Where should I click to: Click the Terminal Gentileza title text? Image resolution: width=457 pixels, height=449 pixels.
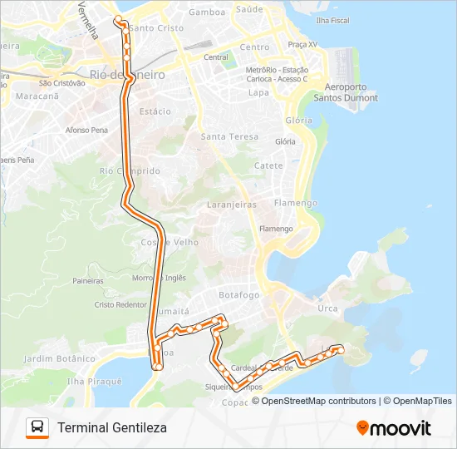pos(112,427)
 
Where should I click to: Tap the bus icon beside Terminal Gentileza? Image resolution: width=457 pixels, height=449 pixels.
pos(37,427)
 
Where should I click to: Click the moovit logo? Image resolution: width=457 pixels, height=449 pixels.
pos(394,428)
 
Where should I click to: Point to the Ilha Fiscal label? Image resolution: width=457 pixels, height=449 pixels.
pos(332,19)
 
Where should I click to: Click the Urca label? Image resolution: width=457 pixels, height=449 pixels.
pos(327,308)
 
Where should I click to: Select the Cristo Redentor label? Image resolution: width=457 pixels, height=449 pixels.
pos(120,305)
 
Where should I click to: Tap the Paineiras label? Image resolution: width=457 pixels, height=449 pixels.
pos(87,281)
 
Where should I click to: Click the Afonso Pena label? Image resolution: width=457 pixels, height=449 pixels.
pos(86,131)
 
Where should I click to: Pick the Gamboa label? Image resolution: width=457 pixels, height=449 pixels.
pos(207,12)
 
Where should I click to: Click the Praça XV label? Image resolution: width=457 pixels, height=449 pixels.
pos(302,43)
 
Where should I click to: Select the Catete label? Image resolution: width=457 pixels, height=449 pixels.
pos(268,165)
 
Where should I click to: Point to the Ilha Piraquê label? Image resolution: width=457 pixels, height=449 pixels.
pos(94,381)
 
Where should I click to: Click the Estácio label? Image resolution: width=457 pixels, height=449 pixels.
pos(155,111)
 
